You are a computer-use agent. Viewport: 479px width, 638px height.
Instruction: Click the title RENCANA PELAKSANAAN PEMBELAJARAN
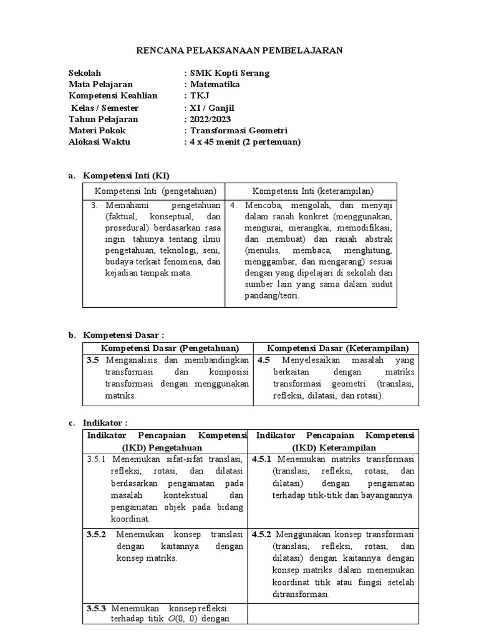239,50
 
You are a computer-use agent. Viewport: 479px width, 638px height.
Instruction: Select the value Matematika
215,84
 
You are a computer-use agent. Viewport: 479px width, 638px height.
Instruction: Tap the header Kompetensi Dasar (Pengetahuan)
169,348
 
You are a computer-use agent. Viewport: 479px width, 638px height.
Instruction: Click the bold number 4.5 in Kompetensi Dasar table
263,360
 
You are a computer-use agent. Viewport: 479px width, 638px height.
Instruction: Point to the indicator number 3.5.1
97,460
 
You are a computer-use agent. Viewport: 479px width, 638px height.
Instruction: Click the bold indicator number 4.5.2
261,535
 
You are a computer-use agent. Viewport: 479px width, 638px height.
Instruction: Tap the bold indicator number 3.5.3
97,608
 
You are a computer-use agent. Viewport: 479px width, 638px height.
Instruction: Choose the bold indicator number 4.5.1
261,460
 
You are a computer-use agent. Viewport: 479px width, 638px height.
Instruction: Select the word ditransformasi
301,594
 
